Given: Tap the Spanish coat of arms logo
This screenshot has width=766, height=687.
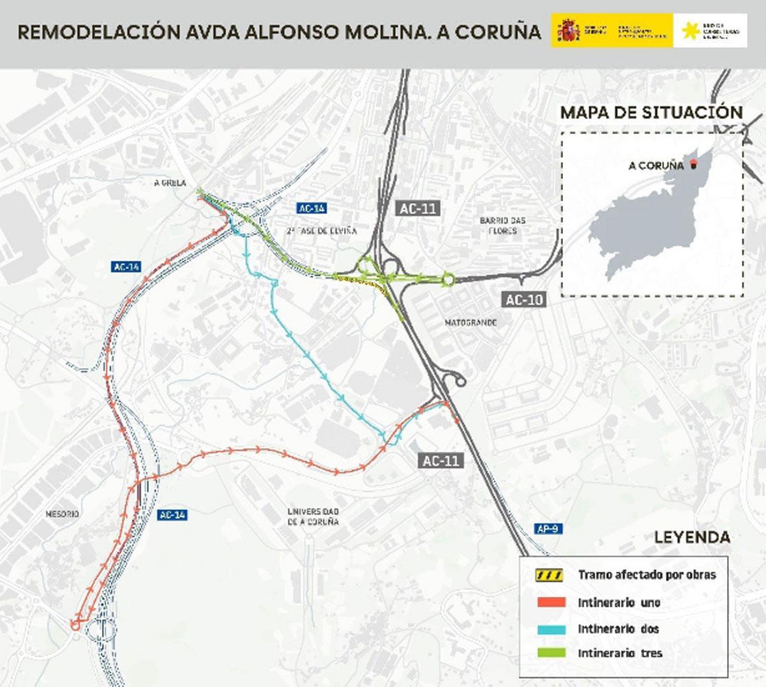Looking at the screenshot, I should tap(568, 30).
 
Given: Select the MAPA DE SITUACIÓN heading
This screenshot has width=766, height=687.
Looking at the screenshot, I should tap(652, 112).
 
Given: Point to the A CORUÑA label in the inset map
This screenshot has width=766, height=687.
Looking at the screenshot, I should tap(656, 166).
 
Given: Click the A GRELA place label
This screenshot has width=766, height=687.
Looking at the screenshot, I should tap(170, 183).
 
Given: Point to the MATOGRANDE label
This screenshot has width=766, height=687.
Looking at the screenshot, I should tap(470, 323).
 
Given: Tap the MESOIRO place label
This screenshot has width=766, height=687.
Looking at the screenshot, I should tap(62, 514).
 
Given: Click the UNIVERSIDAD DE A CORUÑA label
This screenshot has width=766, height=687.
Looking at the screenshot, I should tap(313, 516).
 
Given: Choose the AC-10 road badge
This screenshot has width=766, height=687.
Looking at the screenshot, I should tap(523, 299).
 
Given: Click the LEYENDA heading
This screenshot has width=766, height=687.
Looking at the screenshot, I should tap(692, 537).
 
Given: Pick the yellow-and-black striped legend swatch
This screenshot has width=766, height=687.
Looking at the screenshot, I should tap(549, 575).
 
